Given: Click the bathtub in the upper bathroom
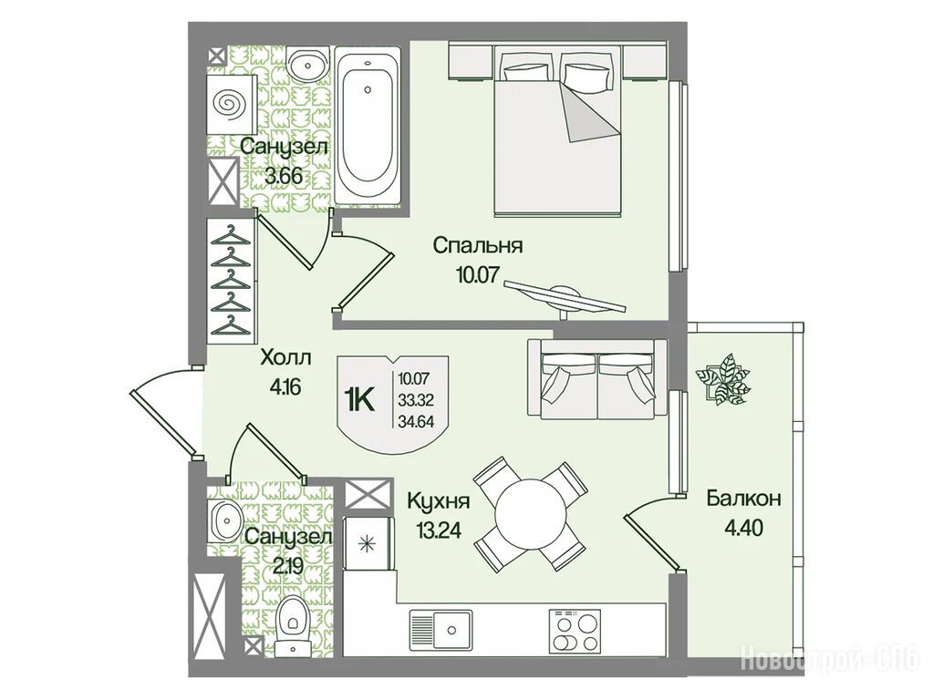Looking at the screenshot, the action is click(x=368, y=127).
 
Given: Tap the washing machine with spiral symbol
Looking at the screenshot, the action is click(x=232, y=104).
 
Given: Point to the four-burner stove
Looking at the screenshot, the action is click(x=575, y=632).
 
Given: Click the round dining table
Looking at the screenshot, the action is click(x=528, y=514).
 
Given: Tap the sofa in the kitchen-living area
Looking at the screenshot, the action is click(x=596, y=378).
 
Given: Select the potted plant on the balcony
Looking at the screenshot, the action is click(x=722, y=378).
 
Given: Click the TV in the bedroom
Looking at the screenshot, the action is click(x=565, y=298).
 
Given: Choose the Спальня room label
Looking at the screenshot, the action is click(x=478, y=245).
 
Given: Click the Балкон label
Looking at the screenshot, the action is click(x=744, y=499).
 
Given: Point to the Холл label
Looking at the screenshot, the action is click(x=285, y=358).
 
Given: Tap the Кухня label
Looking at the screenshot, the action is click(x=439, y=501).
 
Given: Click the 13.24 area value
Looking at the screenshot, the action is click(x=439, y=530).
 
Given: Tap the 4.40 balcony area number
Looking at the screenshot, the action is click(x=744, y=528).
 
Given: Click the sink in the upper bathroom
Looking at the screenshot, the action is click(x=308, y=63).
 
